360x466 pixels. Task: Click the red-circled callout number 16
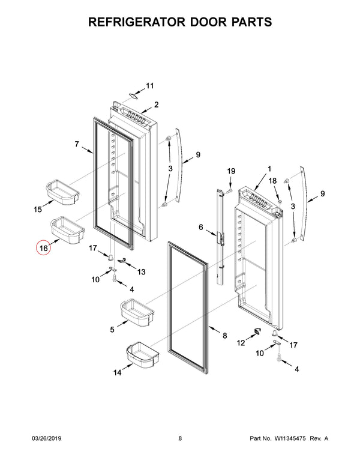pyautogui.click(x=44, y=247)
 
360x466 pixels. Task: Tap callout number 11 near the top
pyautogui.click(x=150, y=85)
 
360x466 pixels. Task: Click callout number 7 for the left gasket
pyautogui.click(x=77, y=144)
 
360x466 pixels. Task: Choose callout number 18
pyautogui.click(x=272, y=181)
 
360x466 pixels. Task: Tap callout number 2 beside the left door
pyautogui.click(x=156, y=104)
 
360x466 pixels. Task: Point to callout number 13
pyautogui.click(x=142, y=272)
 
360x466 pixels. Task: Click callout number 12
pyautogui.click(x=242, y=343)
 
